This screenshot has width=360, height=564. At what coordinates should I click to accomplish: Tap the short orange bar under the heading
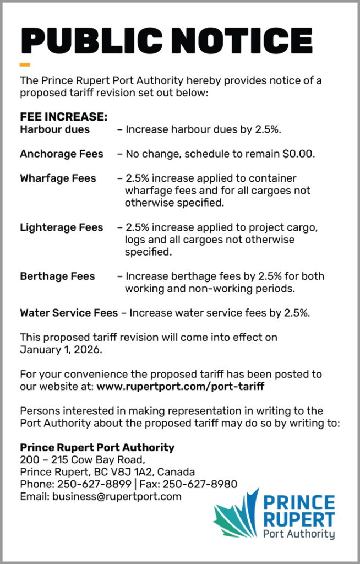click(x=25, y=65)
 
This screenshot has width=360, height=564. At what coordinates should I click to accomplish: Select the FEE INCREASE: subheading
click(x=63, y=117)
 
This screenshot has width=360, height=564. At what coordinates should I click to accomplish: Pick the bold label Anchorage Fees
click(x=62, y=154)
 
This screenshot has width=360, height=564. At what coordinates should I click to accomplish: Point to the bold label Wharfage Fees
click(x=58, y=178)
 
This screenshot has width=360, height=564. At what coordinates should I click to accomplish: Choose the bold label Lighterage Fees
click(x=62, y=227)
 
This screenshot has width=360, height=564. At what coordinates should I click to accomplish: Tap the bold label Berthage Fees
click(x=57, y=276)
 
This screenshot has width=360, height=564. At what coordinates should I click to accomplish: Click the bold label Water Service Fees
click(x=69, y=313)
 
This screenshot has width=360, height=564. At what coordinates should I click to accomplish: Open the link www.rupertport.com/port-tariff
click(x=181, y=387)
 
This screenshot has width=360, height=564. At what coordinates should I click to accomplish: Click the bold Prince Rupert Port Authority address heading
click(x=97, y=447)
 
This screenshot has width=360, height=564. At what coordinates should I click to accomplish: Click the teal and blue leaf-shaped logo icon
click(x=236, y=514)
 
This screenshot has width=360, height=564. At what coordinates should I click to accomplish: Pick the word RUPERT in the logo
click(x=298, y=519)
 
